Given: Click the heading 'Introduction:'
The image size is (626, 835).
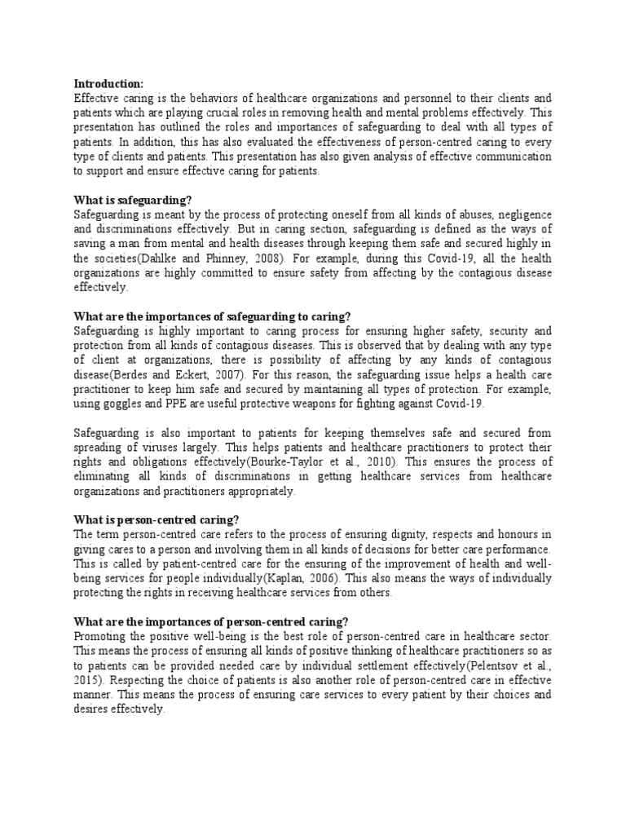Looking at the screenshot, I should [x=108, y=83].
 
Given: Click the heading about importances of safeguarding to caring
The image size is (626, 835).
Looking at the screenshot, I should [x=212, y=316].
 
